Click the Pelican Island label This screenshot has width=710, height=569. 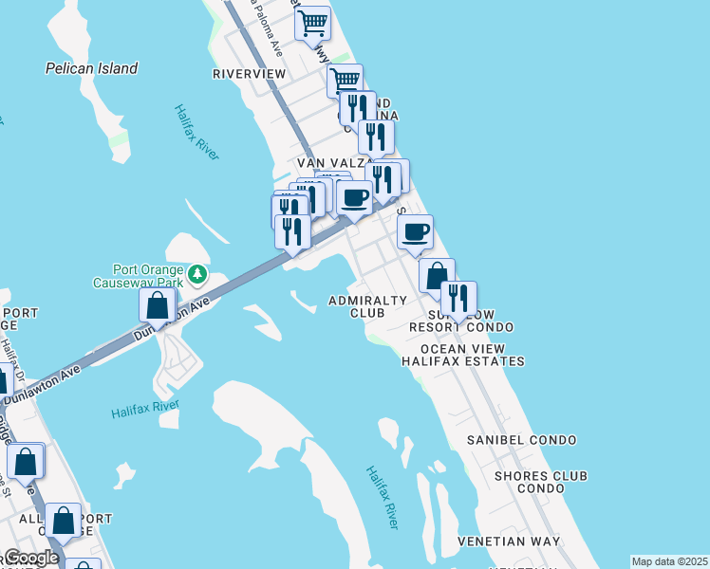tap(91, 68)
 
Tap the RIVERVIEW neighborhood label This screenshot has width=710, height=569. tap(249, 74)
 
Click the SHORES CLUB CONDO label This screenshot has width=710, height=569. tap(541, 482)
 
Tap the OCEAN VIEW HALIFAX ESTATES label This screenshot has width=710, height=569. tap(462, 355)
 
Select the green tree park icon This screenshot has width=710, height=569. tap(197, 274)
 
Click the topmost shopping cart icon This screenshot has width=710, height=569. tap(312, 21)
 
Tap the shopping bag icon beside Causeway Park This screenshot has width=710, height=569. tap(158, 305)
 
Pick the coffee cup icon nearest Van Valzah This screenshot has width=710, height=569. tap(354, 197)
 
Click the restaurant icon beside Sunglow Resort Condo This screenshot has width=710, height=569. tap(458, 297)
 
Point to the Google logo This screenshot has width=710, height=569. tap(29, 558)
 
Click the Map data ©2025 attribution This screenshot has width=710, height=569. tap(669, 561)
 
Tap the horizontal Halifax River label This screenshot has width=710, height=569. tap(144, 410)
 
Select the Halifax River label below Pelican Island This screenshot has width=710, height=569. tap(196, 133)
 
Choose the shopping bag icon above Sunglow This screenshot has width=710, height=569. tap(437, 275)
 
